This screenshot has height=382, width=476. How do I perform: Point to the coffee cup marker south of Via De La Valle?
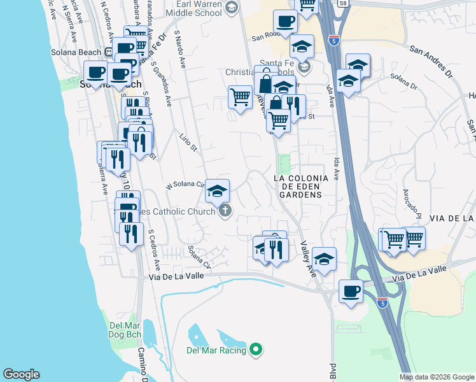[x=351, y=292]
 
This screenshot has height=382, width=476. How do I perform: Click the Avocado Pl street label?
[x=412, y=202]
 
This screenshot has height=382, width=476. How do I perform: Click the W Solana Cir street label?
[x=184, y=185]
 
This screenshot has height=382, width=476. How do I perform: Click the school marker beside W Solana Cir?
[x=217, y=190]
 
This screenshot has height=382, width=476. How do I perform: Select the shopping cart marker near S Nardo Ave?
[x=240, y=97]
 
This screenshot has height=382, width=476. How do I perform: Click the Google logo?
[x=22, y=374]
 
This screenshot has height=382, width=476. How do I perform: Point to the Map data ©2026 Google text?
[x=437, y=377]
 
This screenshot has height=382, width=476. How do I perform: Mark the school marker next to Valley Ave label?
[x=324, y=258]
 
